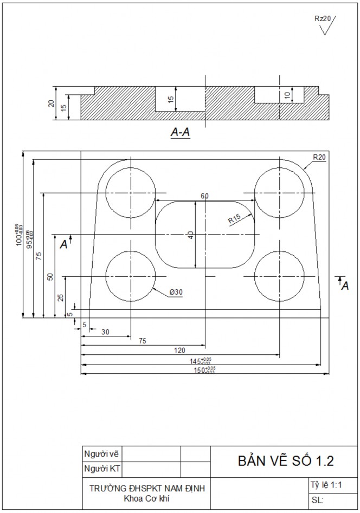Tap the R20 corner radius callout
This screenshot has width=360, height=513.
click(319, 157)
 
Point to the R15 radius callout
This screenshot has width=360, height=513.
click(234, 219)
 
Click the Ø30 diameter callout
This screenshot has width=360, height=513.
click(176, 292)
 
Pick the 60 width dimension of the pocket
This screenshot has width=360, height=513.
click(204, 196)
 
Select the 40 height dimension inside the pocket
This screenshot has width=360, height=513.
click(190, 235)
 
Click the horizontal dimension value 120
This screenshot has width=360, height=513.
click(179, 350)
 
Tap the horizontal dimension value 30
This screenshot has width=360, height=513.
click(105, 332)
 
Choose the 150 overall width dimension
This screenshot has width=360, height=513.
click(205, 370)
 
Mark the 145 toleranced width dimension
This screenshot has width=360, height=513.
click(200, 361)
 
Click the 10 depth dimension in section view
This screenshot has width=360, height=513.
click(287, 95)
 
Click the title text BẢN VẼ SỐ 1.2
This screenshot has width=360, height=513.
click(285, 461)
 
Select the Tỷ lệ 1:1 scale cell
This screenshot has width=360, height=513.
click(325, 485)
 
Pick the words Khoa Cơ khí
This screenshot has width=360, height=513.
click(146, 497)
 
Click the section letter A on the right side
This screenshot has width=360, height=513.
click(344, 285)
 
